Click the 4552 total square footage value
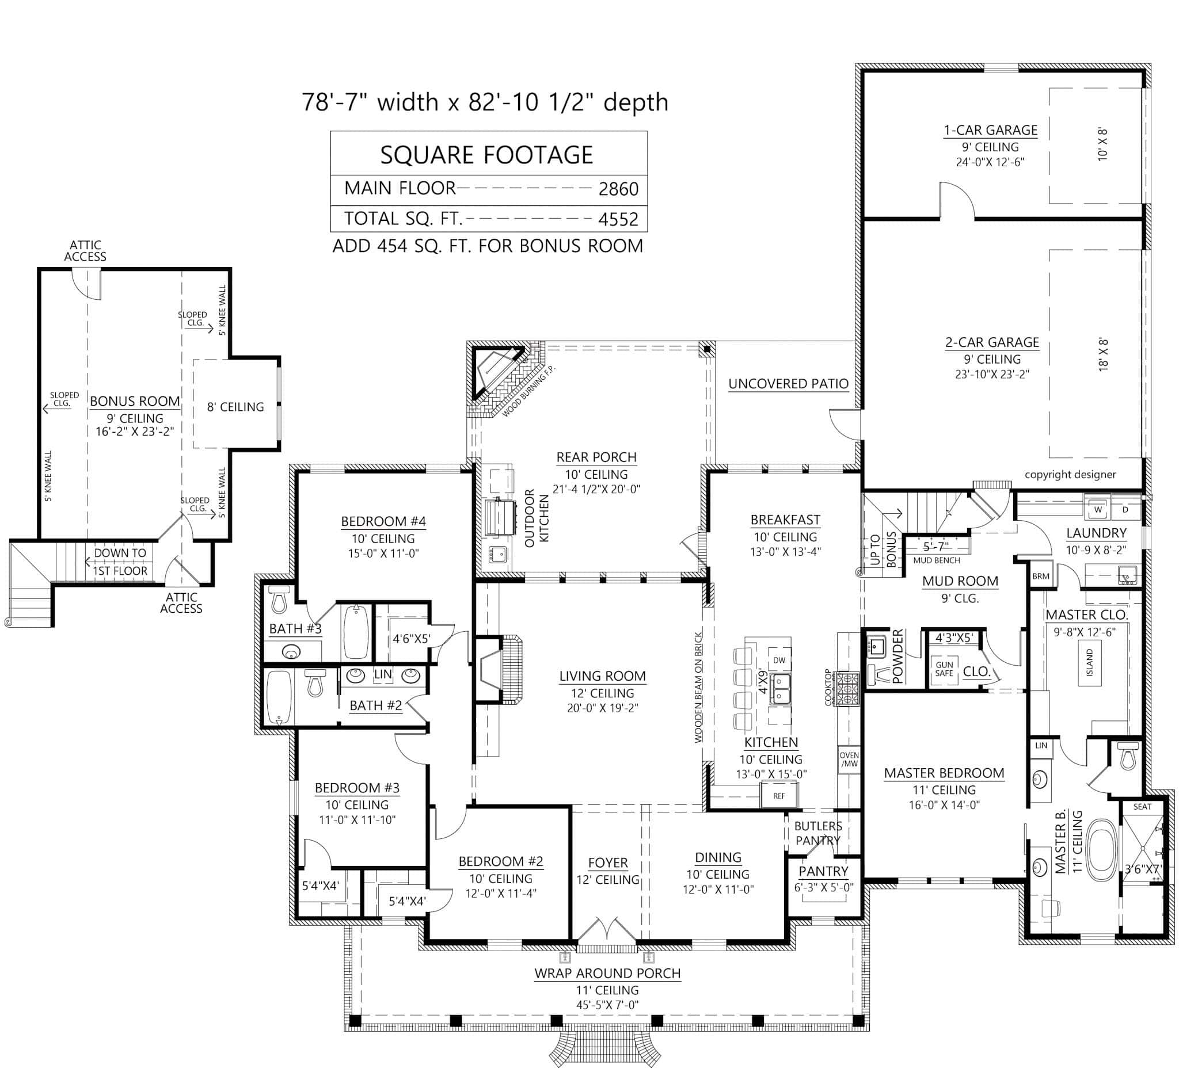coord(618,219)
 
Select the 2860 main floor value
coord(618,189)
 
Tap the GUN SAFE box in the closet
coord(944,669)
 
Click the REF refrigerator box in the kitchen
coord(779,796)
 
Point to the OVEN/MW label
coord(849,760)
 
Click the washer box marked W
coord(1098,510)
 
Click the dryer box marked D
coord(1125,510)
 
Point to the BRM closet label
coord(1041,576)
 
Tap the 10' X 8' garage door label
coord(1102,144)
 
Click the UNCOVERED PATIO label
coord(788,384)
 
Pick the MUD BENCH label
coord(936,560)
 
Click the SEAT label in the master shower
coord(1142,807)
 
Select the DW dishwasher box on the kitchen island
coord(779,661)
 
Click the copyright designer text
coord(1070,475)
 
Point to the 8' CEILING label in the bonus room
coord(235,407)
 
